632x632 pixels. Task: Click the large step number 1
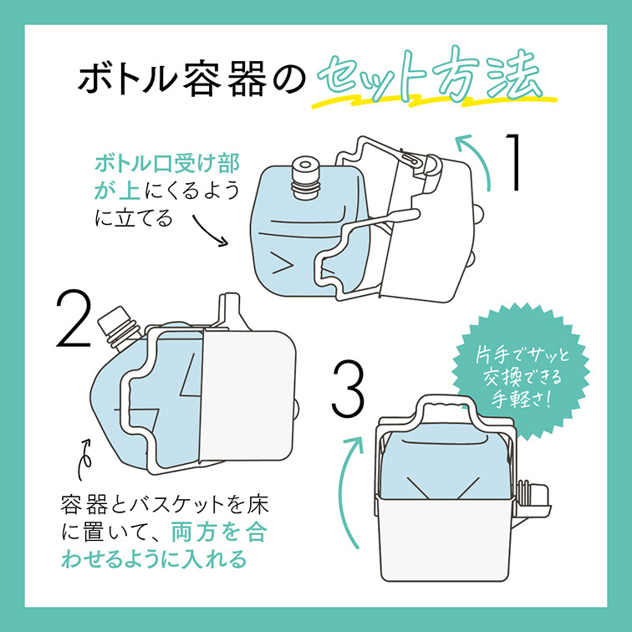click(512, 162)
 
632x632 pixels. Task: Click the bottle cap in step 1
click(305, 177)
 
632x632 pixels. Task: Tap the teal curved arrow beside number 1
click(477, 158)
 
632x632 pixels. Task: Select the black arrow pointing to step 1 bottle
click(210, 230)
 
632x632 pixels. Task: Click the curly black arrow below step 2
click(84, 460)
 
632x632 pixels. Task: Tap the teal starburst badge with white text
click(521, 373)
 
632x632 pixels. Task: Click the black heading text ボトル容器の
click(192, 78)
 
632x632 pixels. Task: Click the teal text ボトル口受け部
click(167, 163)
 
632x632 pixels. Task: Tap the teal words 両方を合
click(219, 532)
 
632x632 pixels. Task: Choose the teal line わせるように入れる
click(154, 558)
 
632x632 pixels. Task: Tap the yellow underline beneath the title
click(435, 102)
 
